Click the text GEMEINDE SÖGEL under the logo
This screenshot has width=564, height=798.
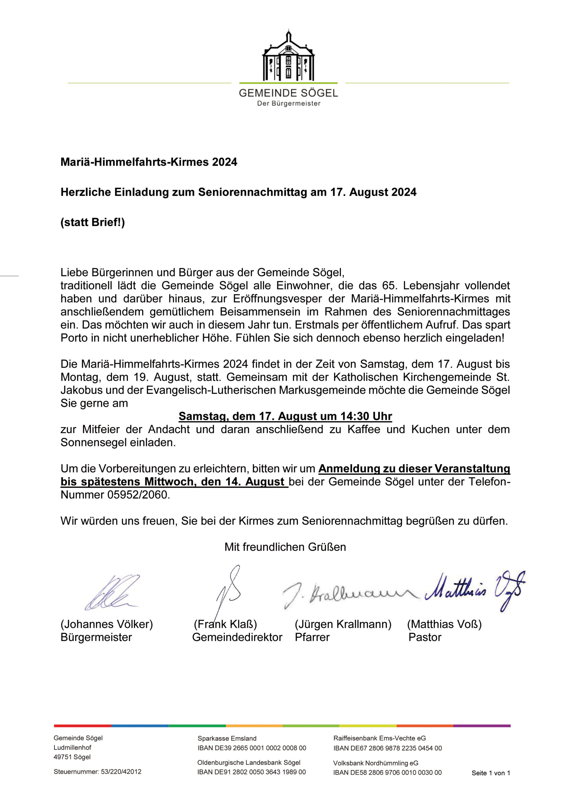tap(288, 93)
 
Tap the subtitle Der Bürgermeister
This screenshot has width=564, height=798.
tap(289, 103)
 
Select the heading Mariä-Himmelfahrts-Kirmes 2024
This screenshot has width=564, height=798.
tap(149, 162)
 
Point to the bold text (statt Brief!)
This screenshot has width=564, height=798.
tap(93, 223)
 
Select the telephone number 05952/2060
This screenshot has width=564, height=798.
tap(138, 495)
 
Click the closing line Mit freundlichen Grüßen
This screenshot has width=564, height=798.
tap(285, 547)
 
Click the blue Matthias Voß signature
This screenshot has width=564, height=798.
tap(475, 590)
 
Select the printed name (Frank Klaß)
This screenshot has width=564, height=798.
tap(225, 625)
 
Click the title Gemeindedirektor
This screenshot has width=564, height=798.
tap(237, 637)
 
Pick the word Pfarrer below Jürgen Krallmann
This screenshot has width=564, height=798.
tap(312, 637)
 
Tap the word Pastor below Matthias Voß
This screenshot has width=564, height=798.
tap(425, 637)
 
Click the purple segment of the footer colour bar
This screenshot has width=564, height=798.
tap(482, 726)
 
